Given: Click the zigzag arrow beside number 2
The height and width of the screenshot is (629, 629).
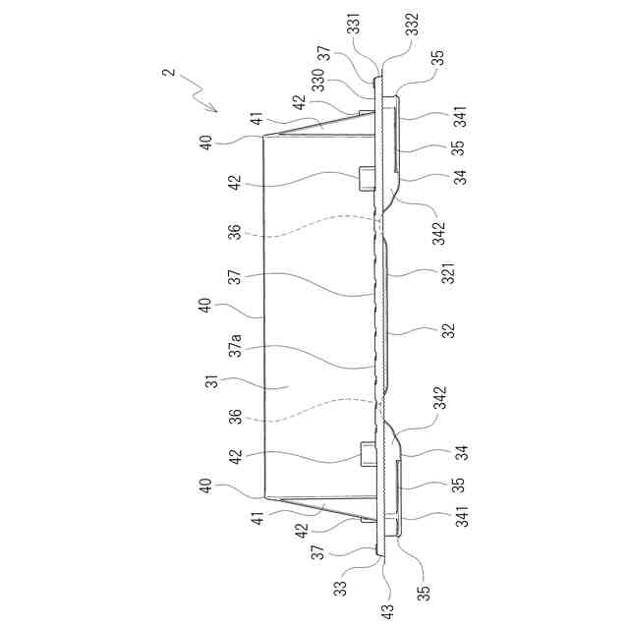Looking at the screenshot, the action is coord(203,96).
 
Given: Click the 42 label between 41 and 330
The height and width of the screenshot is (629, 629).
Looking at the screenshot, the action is coord(296,99).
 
